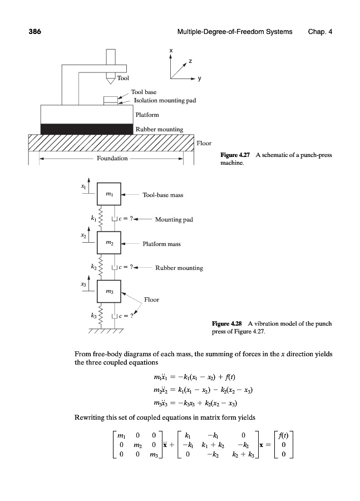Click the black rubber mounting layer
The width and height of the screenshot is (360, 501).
click(87, 129)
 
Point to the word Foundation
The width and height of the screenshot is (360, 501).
click(112, 159)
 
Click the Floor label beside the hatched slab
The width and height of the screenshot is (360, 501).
click(204, 144)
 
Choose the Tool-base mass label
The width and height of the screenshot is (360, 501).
click(163, 195)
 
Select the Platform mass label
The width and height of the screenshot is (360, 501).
click(161, 244)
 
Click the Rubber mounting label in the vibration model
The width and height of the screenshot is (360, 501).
click(179, 268)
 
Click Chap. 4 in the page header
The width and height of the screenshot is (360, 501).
click(320, 32)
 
